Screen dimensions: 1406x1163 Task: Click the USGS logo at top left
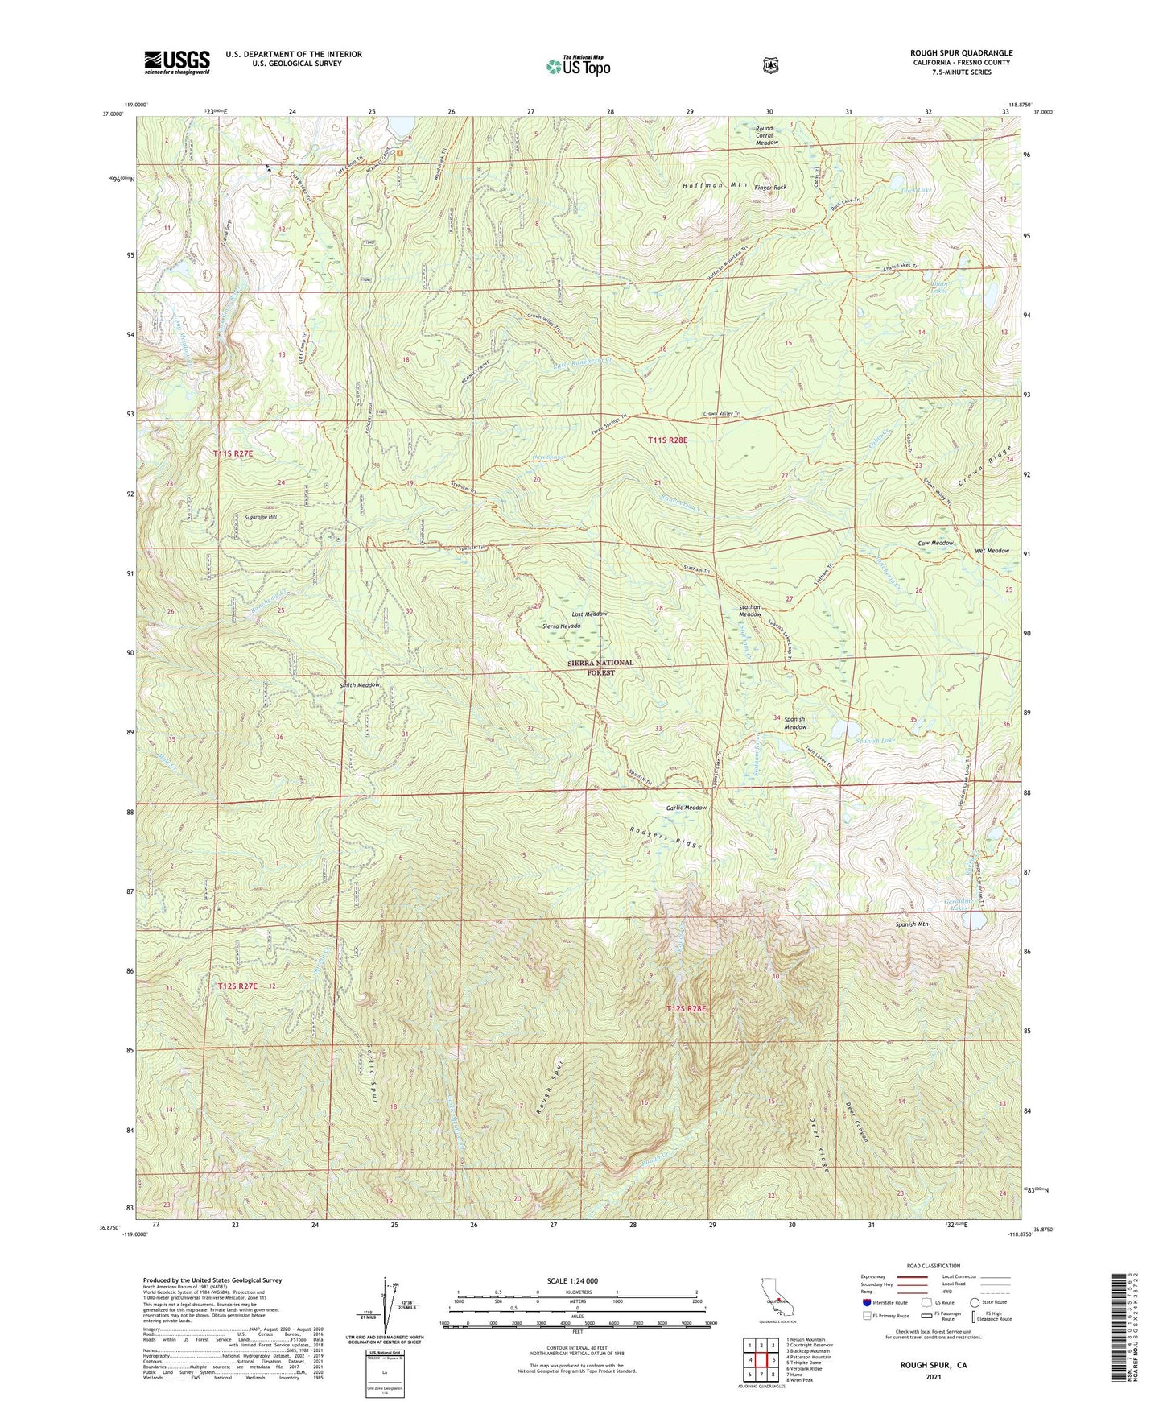pyautogui.click(x=177, y=61)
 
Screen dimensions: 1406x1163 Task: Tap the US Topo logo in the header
pyautogui.click(x=579, y=66)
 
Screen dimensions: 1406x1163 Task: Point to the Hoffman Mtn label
pyautogui.click(x=715, y=185)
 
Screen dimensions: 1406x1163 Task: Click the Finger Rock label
pyautogui.click(x=769, y=187)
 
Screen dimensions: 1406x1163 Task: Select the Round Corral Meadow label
pyautogui.click(x=764, y=135)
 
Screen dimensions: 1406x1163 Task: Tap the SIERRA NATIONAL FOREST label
pyautogui.click(x=600, y=668)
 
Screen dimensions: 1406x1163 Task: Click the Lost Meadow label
pyautogui.click(x=589, y=614)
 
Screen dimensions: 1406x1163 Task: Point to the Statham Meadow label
pyautogui.click(x=750, y=610)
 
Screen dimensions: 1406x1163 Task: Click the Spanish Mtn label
pyautogui.click(x=911, y=924)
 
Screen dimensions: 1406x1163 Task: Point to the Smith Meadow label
pyautogui.click(x=359, y=684)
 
